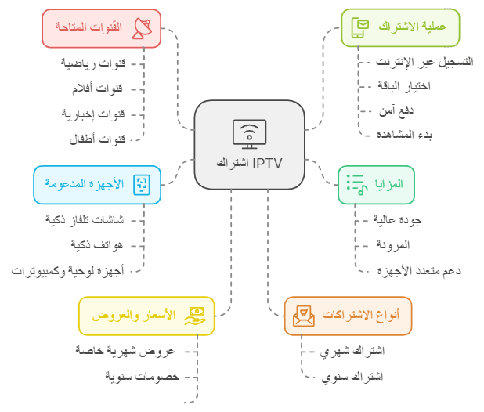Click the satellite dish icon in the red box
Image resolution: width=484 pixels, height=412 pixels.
[142, 28]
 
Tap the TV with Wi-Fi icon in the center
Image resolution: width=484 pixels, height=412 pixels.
[249, 134]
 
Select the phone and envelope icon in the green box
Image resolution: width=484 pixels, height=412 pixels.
[360, 27]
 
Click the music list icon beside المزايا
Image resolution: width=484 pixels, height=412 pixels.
[357, 185]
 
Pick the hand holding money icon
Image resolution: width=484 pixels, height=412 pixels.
[195, 316]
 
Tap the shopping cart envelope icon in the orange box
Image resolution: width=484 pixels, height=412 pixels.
[304, 316]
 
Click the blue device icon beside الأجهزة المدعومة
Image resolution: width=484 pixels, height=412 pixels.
[142, 185]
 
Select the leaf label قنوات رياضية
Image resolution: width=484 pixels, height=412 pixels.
[93, 63]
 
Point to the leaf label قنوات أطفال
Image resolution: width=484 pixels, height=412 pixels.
[97, 139]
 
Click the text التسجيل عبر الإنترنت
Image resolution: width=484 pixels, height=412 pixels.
[424, 62]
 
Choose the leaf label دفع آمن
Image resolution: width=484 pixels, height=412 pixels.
[396, 110]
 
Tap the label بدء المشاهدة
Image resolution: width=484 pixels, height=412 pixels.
[404, 135]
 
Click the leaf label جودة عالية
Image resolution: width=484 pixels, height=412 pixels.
[397, 220]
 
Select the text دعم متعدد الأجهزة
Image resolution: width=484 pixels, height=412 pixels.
[418, 271]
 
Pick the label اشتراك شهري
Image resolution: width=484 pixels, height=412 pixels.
[352, 351]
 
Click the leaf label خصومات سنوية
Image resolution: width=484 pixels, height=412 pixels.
[142, 377]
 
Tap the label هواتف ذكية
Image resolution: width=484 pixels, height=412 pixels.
[97, 245]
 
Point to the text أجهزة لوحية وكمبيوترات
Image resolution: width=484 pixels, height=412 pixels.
[67, 271]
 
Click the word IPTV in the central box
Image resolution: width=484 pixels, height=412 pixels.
[267, 164]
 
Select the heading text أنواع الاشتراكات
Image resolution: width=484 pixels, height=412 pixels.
[361, 314]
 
